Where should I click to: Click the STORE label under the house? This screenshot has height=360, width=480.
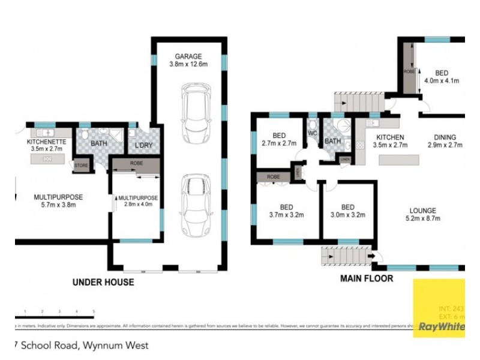click(x=80, y=165)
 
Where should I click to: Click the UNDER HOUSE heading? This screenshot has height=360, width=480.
click(x=103, y=282)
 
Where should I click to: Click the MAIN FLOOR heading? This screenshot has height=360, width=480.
click(x=367, y=278)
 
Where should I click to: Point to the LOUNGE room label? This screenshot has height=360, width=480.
click(x=424, y=210)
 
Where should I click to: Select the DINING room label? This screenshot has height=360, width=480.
click(x=442, y=137)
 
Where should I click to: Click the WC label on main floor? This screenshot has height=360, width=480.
click(x=313, y=133)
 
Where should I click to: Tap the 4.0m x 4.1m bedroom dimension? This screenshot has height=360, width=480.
click(x=442, y=80)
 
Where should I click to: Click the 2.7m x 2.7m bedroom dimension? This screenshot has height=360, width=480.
click(x=279, y=143)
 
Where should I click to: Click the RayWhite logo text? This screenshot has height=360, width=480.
click(x=441, y=327)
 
